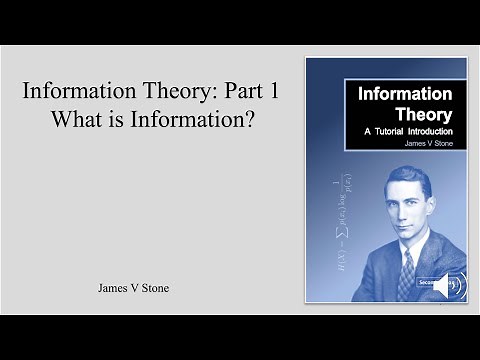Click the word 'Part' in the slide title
pyautogui.click(x=236, y=90)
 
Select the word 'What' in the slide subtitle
pyautogui.click(x=85, y=118)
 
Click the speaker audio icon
pyautogui.click(x=442, y=284)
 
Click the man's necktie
pyautogui.click(x=405, y=274)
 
